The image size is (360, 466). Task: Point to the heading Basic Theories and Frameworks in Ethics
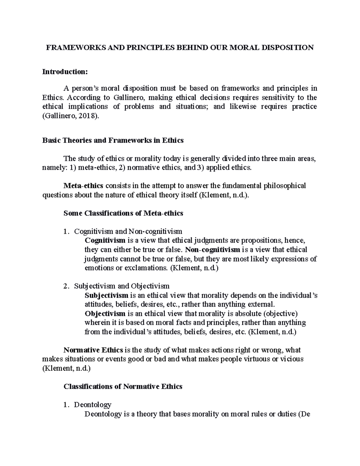[113, 140]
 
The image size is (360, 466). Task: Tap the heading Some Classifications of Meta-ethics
[123, 213]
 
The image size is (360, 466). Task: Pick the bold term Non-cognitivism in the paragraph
[213, 250]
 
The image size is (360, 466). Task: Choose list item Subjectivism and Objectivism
[122, 286]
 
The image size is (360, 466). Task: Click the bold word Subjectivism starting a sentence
[106, 295]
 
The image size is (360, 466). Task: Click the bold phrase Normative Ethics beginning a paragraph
[93, 350]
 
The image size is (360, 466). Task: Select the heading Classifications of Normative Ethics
[123, 386]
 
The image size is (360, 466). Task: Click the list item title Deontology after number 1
[93, 405]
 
